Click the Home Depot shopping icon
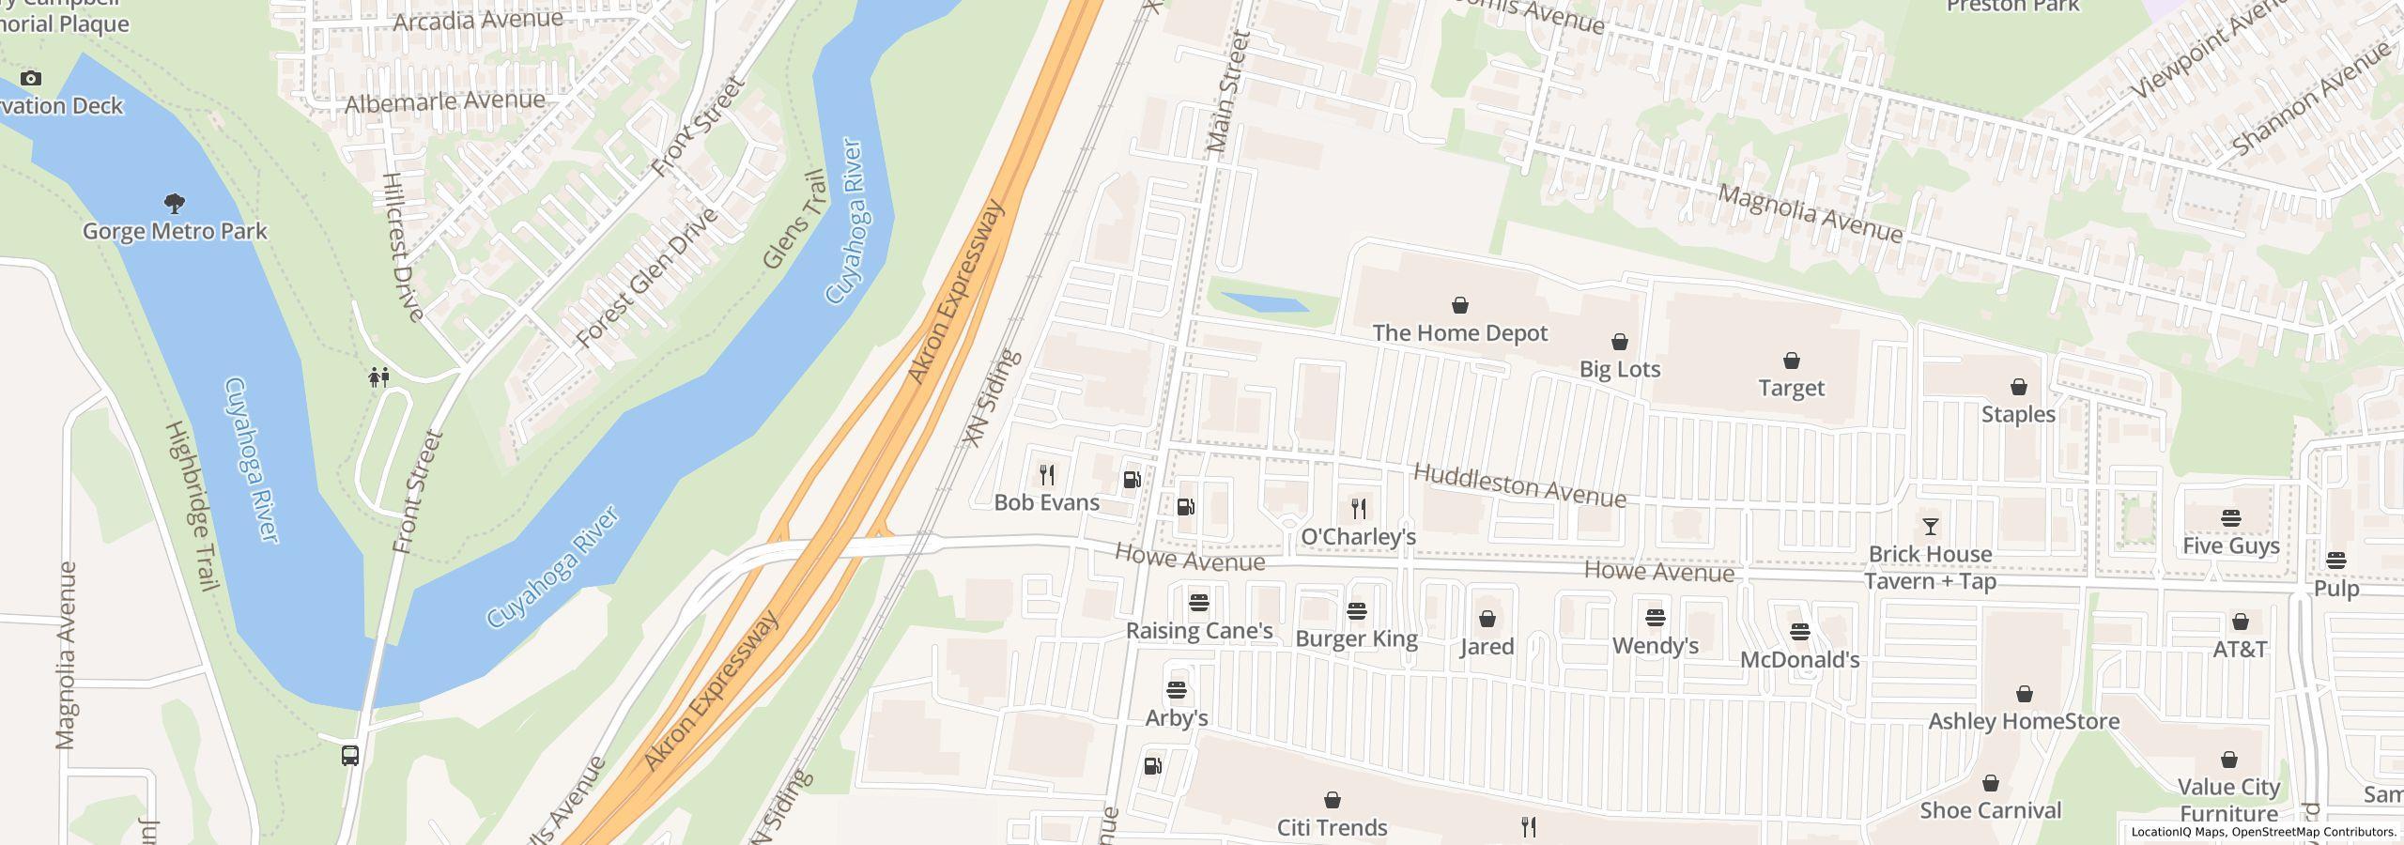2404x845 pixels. (1459, 305)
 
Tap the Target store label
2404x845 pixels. (1791, 388)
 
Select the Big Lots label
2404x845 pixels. (1619, 369)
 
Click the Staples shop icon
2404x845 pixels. (2018, 387)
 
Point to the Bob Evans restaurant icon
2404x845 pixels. (1047, 475)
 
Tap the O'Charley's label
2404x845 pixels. (1358, 537)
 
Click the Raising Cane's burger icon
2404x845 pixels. (1198, 603)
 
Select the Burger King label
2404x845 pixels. (1356, 639)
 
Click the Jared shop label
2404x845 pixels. (1487, 647)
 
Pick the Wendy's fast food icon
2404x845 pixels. (1655, 618)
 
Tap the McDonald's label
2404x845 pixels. (1799, 660)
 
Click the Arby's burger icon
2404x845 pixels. (1176, 691)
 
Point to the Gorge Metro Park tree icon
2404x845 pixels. (174, 203)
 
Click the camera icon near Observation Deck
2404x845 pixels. (31, 78)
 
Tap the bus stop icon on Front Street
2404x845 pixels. (350, 755)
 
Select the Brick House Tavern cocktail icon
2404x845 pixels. (1930, 527)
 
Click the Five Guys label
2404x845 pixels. (2230, 546)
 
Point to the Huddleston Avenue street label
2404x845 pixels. (1518, 485)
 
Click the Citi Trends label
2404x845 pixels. (1332, 827)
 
